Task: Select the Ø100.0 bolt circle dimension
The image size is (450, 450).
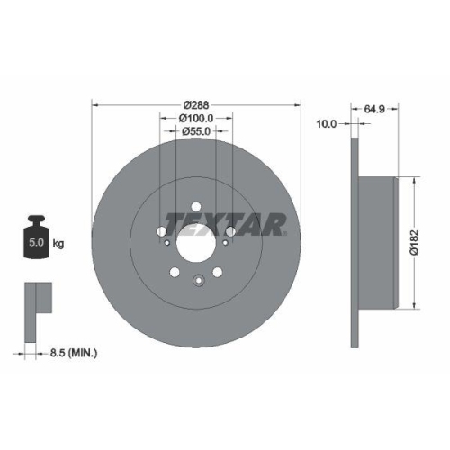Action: click(196, 118)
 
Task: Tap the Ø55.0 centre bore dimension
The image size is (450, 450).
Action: click(196, 131)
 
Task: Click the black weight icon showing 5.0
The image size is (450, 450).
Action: click(37, 237)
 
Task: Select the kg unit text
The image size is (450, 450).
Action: click(58, 243)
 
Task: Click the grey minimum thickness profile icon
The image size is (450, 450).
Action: click(37, 297)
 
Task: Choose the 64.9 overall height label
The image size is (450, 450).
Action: click(375, 109)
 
